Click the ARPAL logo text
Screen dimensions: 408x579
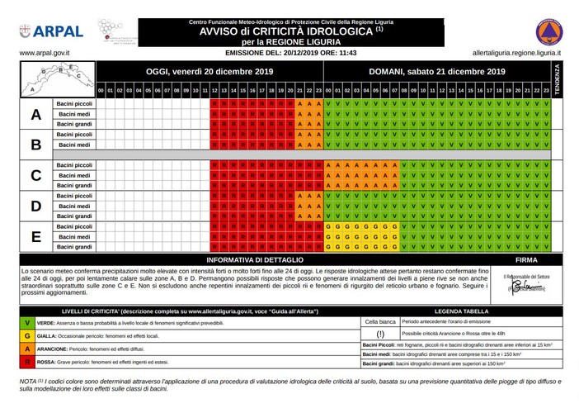coord(60,31)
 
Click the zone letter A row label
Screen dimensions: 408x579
coord(35,115)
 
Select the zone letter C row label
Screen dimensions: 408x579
coord(35,175)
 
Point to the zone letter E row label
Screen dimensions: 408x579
coord(35,236)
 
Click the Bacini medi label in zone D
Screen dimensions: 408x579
coord(74,206)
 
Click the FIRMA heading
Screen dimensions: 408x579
coord(526,259)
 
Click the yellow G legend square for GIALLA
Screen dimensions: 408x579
coord(27,336)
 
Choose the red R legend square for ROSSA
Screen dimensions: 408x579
coord(27,361)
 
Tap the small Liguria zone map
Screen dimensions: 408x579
coord(48,79)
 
